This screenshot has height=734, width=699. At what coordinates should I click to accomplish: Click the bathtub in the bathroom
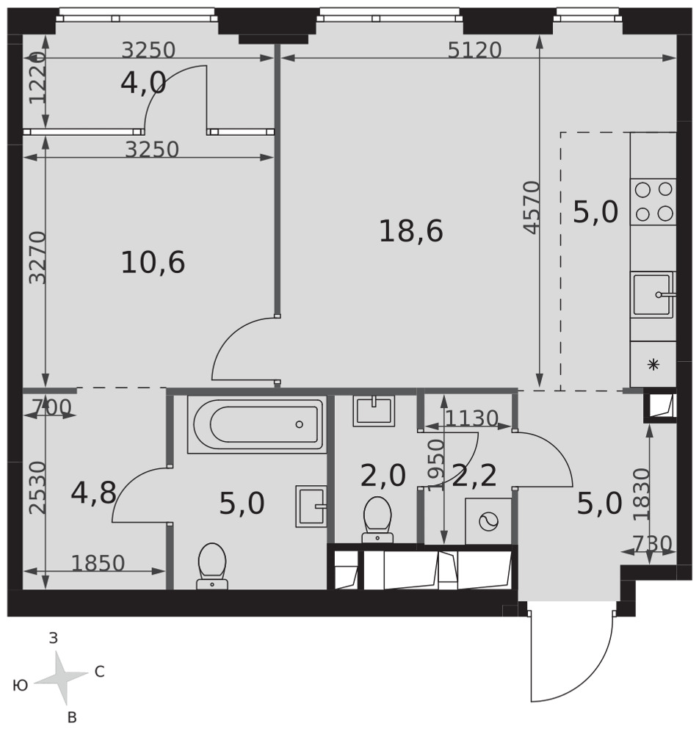click(x=257, y=424)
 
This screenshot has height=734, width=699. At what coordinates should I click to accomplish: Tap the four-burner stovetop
click(x=653, y=202)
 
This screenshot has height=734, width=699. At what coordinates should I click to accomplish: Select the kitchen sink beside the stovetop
click(x=653, y=295)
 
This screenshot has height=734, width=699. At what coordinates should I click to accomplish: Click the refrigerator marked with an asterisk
click(x=653, y=364)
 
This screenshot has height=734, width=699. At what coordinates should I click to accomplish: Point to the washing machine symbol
click(x=488, y=521)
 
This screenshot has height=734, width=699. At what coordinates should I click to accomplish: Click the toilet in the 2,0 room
click(x=377, y=519)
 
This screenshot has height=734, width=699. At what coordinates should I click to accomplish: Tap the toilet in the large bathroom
click(x=212, y=566)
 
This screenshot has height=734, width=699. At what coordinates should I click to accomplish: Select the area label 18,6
click(x=410, y=231)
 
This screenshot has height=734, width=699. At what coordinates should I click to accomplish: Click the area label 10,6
click(x=153, y=262)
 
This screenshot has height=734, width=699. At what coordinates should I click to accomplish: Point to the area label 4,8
click(x=94, y=493)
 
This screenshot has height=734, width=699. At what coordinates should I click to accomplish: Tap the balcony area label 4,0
click(x=143, y=84)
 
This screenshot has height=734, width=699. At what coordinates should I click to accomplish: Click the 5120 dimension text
click(x=474, y=50)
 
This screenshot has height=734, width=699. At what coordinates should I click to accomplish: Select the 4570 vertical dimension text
click(x=532, y=208)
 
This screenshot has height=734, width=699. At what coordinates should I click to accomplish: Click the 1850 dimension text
click(x=98, y=564)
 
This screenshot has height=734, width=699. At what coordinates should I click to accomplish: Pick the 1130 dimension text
click(x=471, y=418)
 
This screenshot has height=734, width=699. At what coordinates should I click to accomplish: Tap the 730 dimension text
click(x=652, y=544)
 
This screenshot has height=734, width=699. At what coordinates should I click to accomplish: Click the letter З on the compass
click(x=54, y=638)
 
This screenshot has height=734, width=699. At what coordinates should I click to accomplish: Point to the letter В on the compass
click(x=72, y=717)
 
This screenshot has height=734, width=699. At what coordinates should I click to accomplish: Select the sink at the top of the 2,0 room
click(x=374, y=411)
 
